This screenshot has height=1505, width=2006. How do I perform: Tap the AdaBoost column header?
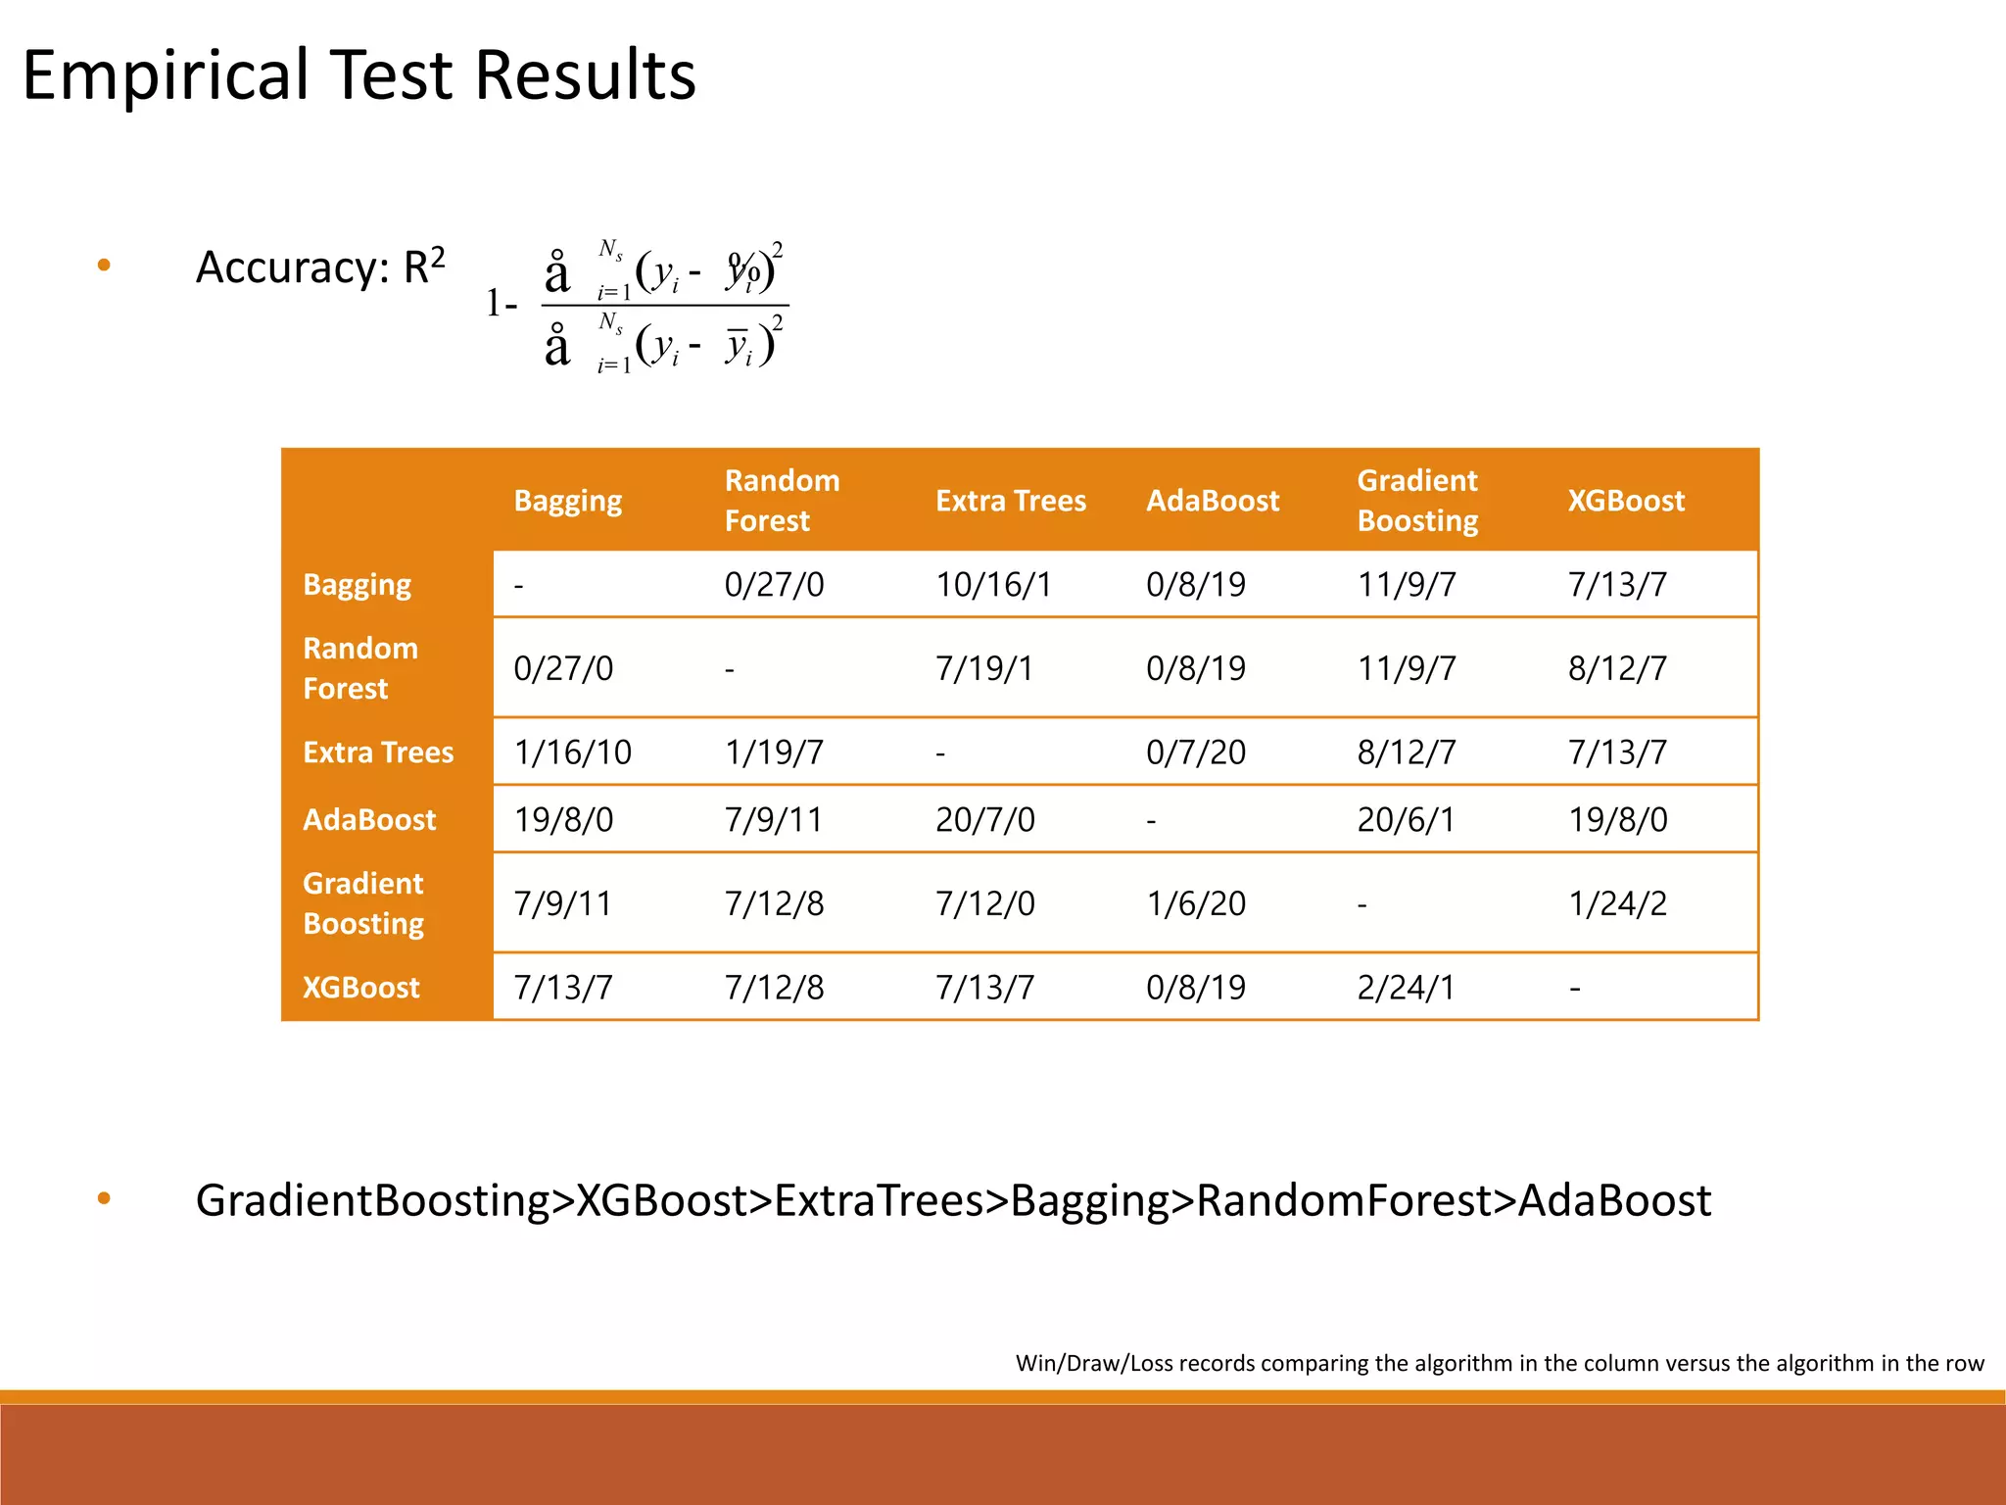pyautogui.click(x=1213, y=501)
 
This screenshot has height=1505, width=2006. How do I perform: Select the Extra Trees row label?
pyautogui.click(x=378, y=752)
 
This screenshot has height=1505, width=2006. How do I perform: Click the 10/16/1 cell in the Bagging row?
pyautogui.click(x=993, y=585)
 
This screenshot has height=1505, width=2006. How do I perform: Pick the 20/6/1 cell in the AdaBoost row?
pyautogui.click(x=1406, y=819)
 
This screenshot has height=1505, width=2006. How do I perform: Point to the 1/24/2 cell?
pyautogui.click(x=1617, y=903)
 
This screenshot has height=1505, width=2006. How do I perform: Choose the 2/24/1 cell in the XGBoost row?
pyautogui.click(x=1406, y=987)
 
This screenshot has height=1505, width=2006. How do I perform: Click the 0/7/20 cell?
pyautogui.click(x=1196, y=752)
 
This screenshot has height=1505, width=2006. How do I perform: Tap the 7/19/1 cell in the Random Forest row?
pyautogui.click(x=984, y=668)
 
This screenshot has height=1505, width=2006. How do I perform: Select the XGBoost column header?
pyautogui.click(x=1626, y=501)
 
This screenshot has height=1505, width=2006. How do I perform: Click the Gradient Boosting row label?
pyautogui.click(x=363, y=903)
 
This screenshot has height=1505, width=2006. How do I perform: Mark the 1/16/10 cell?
pyautogui.click(x=573, y=752)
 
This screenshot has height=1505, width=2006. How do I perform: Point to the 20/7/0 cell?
pyautogui.click(x=984, y=819)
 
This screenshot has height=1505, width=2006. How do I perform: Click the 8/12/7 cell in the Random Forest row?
pyautogui.click(x=1617, y=668)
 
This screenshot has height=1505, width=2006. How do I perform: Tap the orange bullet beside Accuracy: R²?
pyautogui.click(x=104, y=266)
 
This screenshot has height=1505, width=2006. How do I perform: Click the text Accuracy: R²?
pyautogui.click(x=320, y=267)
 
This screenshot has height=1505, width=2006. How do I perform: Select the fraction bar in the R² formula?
pyautogui.click(x=665, y=306)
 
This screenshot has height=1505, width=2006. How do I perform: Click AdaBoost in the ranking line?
pyautogui.click(x=1614, y=1200)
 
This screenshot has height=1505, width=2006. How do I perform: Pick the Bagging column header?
pyautogui.click(x=568, y=501)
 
